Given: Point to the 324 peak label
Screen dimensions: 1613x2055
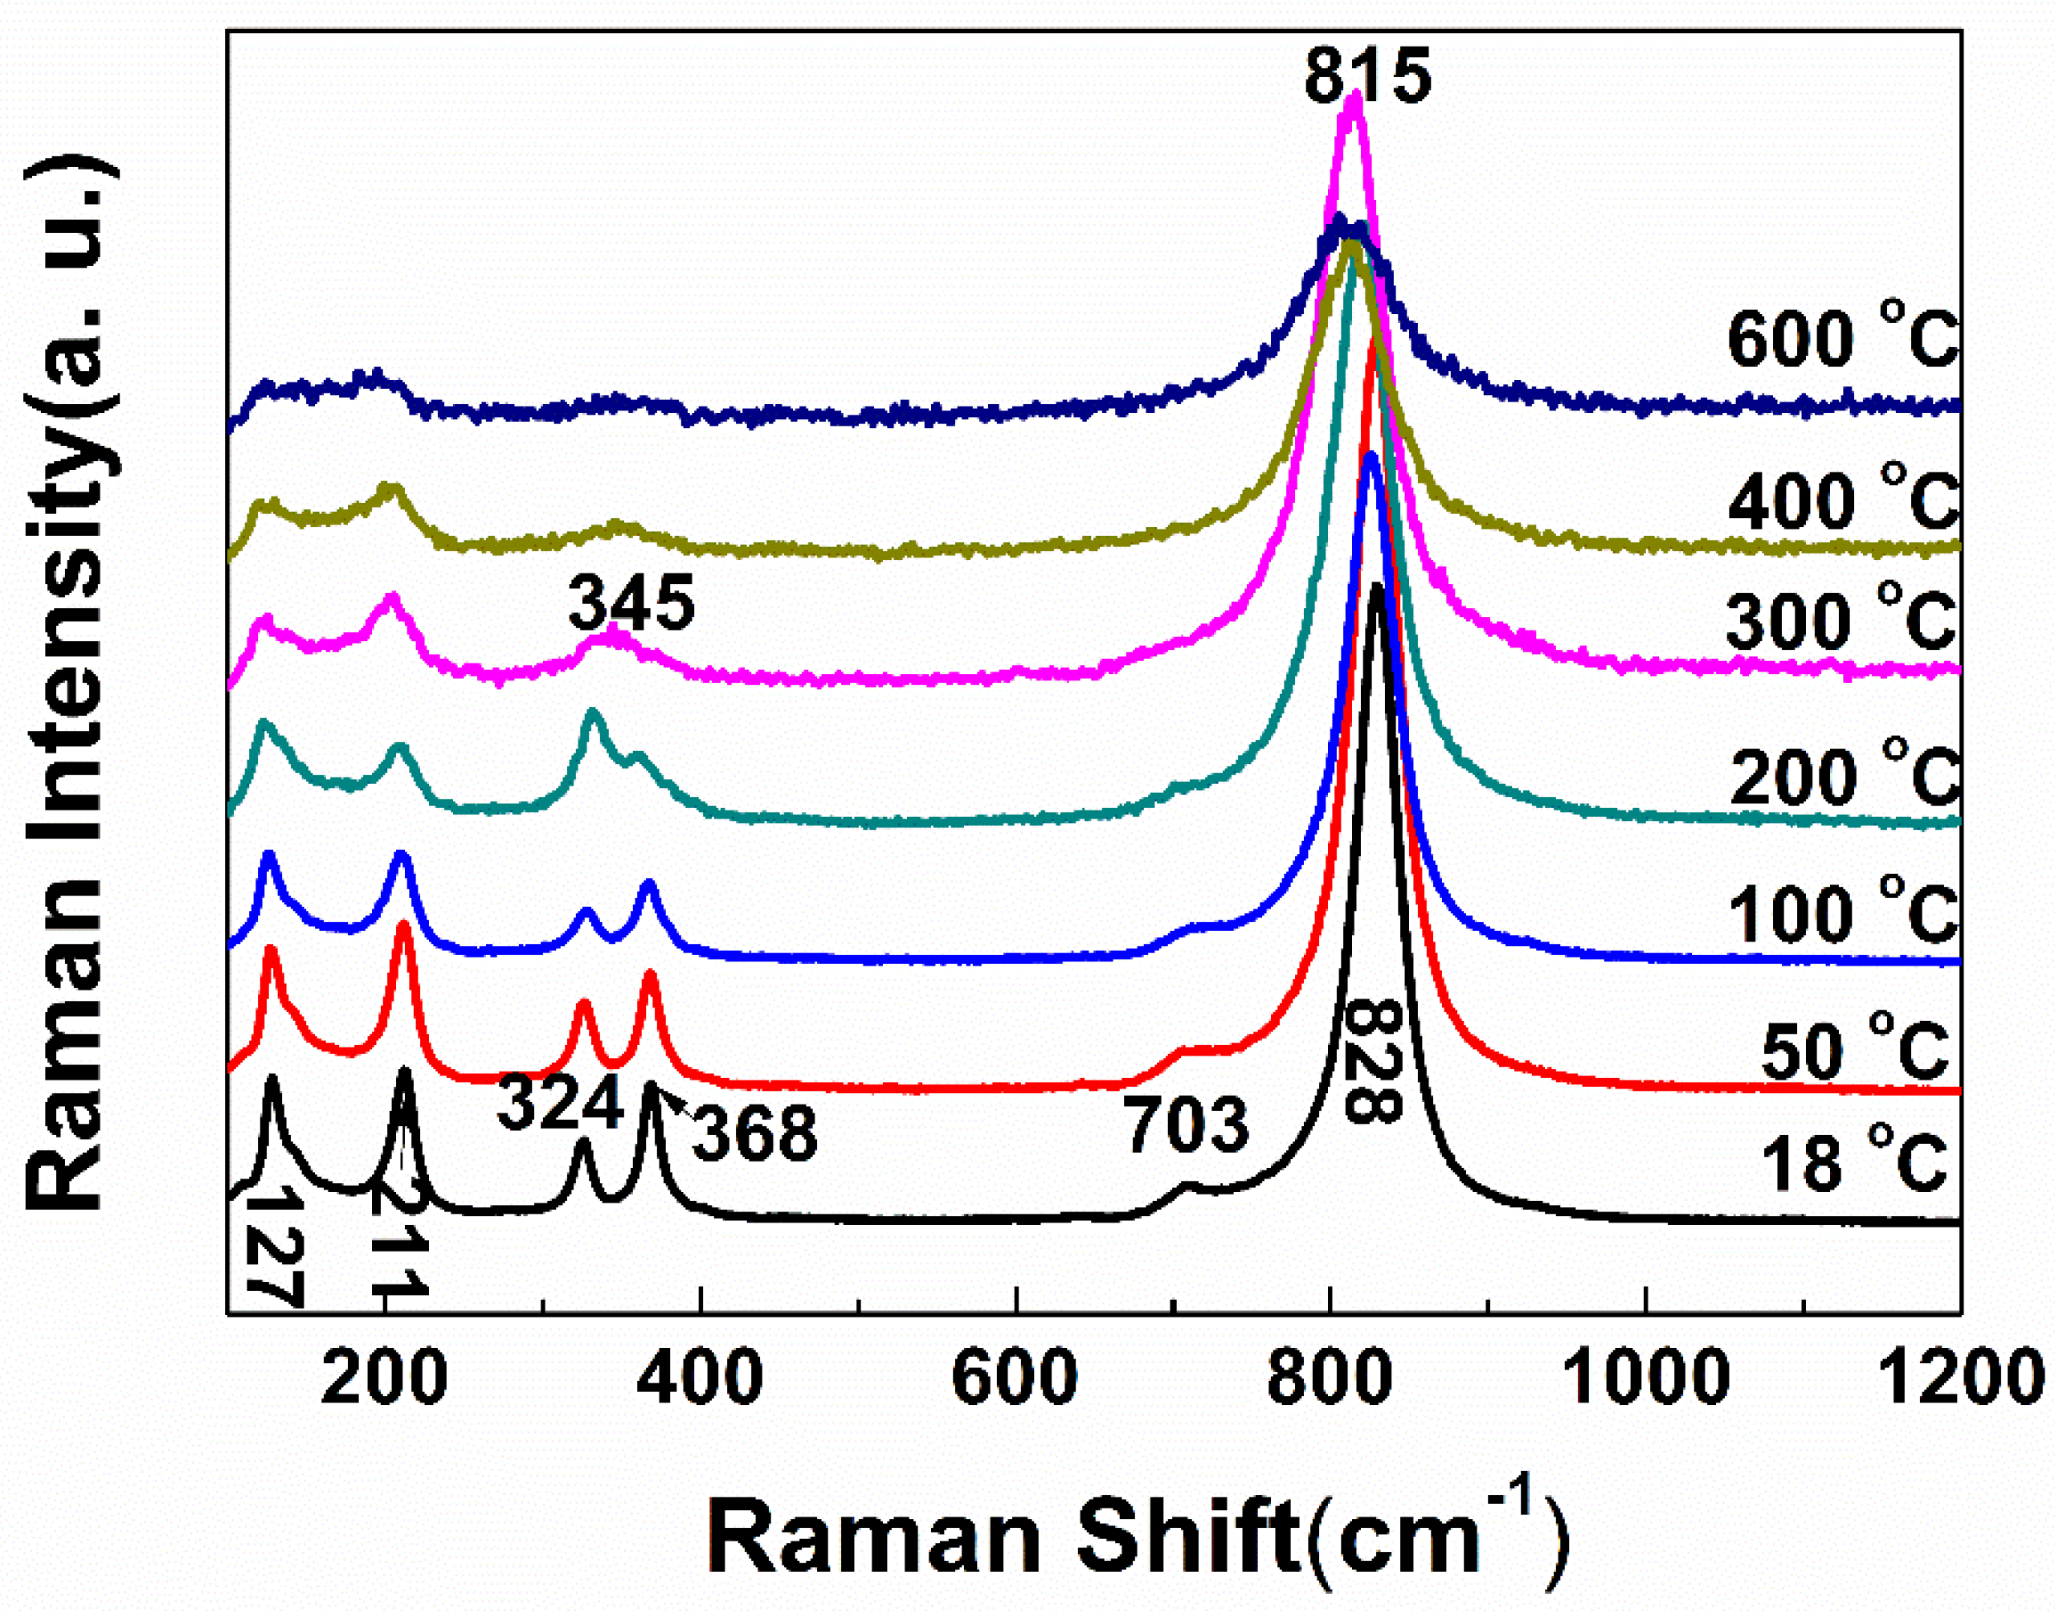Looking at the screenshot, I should tap(560, 1102).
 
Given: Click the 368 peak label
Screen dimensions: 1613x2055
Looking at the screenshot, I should tap(754, 1134).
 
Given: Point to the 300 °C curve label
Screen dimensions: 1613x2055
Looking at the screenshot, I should tap(1841, 619).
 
